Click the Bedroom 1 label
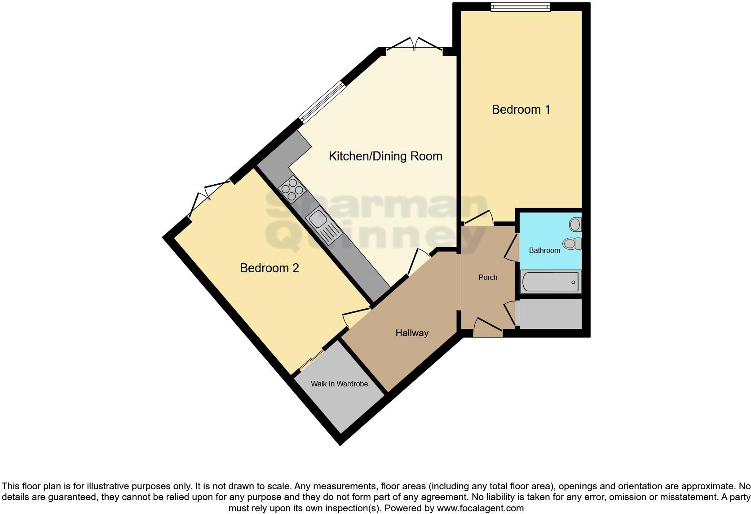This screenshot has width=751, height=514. click(521, 110)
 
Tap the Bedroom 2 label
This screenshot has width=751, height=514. click(269, 268)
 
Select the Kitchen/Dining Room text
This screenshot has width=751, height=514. click(385, 156)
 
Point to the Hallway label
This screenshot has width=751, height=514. click(411, 333)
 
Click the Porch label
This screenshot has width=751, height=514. click(488, 278)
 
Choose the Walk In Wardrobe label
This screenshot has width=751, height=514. click(339, 384)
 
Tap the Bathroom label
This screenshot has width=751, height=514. click(544, 251)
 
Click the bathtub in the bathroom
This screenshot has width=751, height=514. click(551, 282)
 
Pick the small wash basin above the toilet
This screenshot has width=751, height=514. click(575, 224)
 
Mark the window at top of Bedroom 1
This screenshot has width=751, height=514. click(520, 6)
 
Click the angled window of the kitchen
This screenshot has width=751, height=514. click(322, 102)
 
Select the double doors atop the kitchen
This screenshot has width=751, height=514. click(415, 45)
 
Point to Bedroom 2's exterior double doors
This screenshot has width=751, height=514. click(209, 198)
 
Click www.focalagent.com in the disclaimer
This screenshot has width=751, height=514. click(480, 509)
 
